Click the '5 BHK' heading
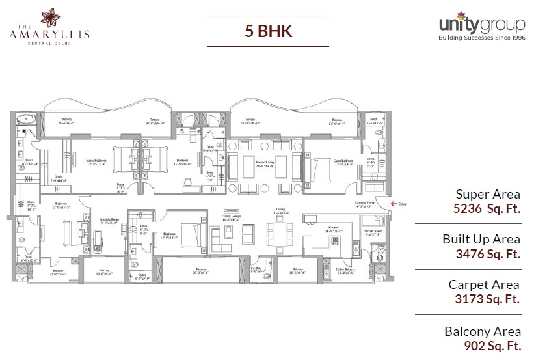tap(267, 30)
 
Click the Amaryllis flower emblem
tap(49, 15)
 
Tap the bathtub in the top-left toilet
tap(26, 119)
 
